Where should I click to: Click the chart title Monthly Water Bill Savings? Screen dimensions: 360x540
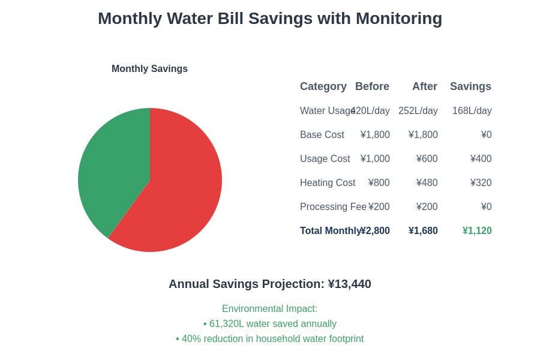(x=270, y=19)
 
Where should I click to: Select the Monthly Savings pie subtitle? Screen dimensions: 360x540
(x=149, y=69)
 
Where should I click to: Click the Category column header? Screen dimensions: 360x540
(x=323, y=86)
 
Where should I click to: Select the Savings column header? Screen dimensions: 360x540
(x=470, y=86)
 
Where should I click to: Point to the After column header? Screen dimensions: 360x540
(x=424, y=86)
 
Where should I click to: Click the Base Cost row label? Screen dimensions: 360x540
(x=322, y=135)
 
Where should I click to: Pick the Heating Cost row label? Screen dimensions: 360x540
(x=327, y=183)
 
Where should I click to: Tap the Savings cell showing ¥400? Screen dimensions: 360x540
(x=481, y=159)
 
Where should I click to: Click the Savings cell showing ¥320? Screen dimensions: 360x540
(x=481, y=183)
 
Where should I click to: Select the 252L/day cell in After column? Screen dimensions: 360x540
(x=418, y=111)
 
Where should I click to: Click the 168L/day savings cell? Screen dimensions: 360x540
(x=472, y=111)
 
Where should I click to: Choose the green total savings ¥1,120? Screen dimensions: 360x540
(x=477, y=231)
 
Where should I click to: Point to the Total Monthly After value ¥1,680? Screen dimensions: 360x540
(x=423, y=231)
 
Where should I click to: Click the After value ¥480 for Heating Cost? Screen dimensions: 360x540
(x=427, y=183)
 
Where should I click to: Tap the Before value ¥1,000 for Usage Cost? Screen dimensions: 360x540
(x=375, y=159)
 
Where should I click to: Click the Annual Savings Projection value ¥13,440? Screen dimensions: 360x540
(x=349, y=284)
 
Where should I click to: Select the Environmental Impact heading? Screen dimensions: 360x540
(x=269, y=309)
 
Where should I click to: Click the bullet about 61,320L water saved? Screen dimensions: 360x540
(x=270, y=324)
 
